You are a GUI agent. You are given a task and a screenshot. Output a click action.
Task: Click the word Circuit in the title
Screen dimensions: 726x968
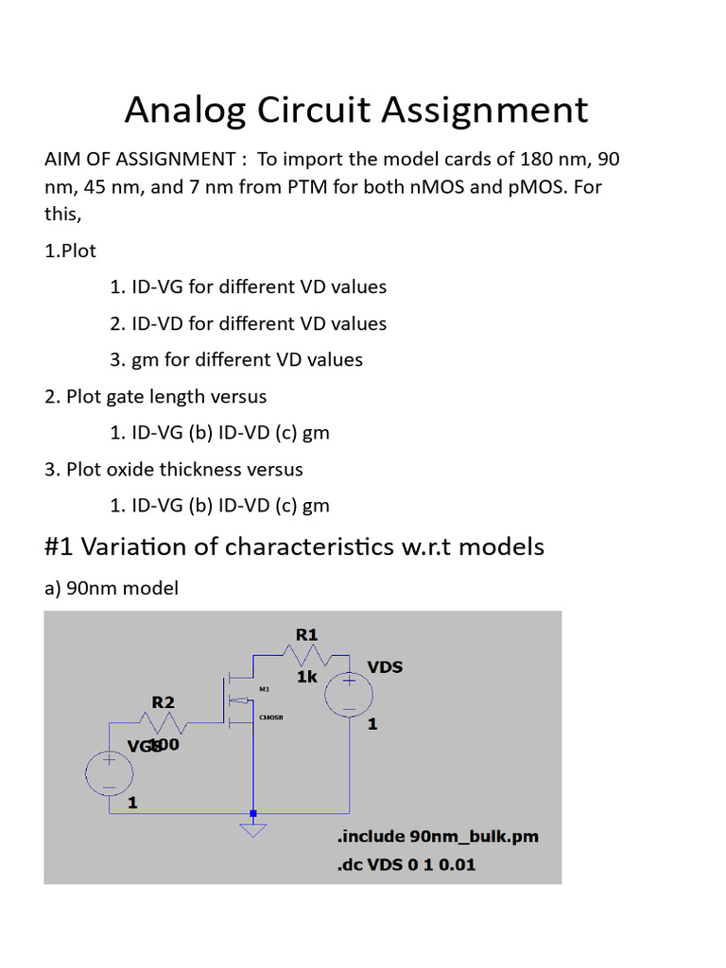pyautogui.click(x=304, y=110)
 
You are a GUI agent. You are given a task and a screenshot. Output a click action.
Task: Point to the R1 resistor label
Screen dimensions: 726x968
pyautogui.click(x=306, y=635)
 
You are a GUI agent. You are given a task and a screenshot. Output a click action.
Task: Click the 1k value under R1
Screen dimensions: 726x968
pyautogui.click(x=306, y=677)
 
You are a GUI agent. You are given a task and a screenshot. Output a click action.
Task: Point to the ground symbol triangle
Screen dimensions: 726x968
pyautogui.click(x=252, y=829)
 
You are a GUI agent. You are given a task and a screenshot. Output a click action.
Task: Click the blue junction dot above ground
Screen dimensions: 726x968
pyautogui.click(x=252, y=812)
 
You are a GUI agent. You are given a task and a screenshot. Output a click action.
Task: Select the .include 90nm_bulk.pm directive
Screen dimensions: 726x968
pyautogui.click(x=437, y=837)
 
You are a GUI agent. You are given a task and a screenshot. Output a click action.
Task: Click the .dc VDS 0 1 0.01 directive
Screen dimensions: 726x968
pyautogui.click(x=406, y=864)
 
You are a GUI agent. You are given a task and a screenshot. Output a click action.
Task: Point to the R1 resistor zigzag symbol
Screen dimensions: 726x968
pyautogui.click(x=306, y=654)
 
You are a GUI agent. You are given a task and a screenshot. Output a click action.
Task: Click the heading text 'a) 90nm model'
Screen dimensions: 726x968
pyautogui.click(x=112, y=588)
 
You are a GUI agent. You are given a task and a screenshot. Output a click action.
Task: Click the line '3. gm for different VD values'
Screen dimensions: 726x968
pyautogui.click(x=236, y=359)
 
